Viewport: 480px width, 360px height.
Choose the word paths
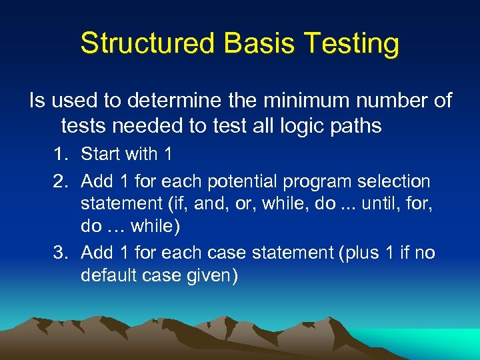(356, 125)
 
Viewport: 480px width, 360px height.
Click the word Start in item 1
(99, 155)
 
